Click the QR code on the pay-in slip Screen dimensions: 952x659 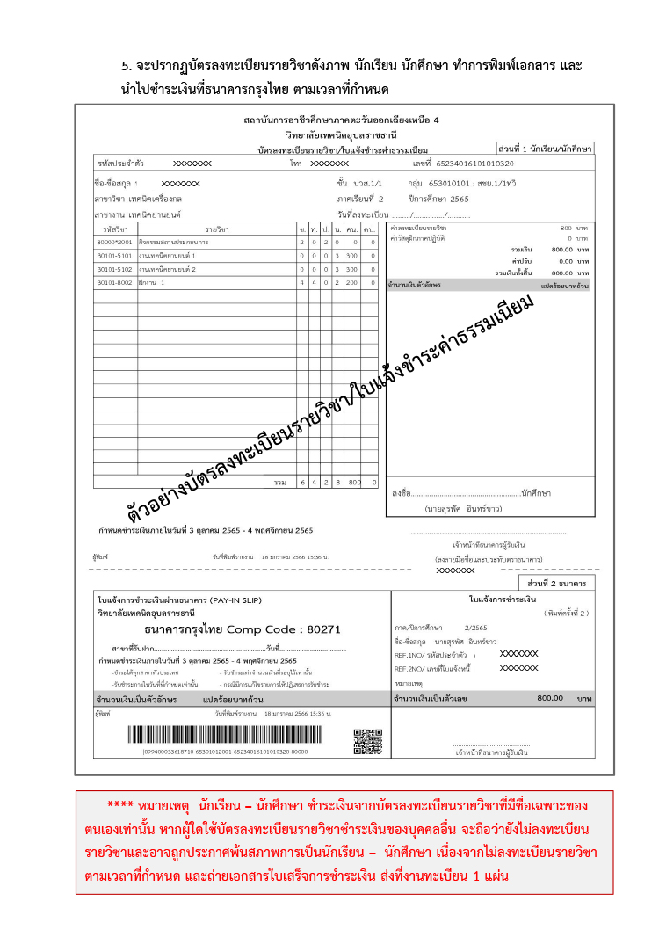tap(367, 741)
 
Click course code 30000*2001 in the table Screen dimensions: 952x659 tap(115, 242)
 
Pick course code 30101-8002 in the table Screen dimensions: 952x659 tap(114, 282)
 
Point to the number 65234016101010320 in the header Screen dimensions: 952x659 tap(475, 164)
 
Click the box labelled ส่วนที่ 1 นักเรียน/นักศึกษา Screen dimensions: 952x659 tap(545, 149)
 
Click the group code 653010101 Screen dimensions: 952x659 tap(449, 184)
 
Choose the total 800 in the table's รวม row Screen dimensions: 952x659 tap(355, 482)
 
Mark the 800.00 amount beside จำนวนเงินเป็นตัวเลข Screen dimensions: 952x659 tap(550, 698)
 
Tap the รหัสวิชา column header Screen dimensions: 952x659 tap(115, 229)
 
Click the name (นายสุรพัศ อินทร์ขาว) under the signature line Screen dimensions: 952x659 tap(464, 509)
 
